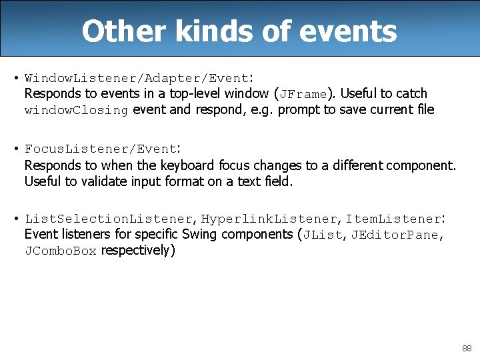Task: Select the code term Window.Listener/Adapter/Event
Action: [137, 77]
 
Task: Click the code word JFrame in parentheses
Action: [304, 94]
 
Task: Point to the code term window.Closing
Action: [76, 110]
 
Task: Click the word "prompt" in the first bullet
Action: [299, 110]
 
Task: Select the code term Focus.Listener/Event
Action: [101, 149]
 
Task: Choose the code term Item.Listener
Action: [393, 219]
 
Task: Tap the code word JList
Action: [321, 235]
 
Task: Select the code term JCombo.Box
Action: [61, 251]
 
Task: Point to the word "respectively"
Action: [135, 251]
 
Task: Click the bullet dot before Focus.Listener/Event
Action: [15, 149]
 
